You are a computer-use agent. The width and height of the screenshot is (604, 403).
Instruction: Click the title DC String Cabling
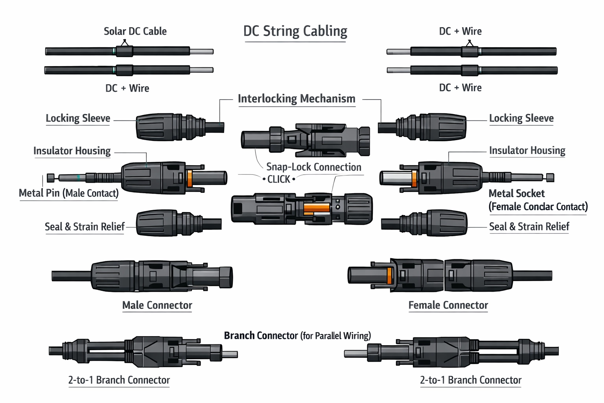[x=295, y=31]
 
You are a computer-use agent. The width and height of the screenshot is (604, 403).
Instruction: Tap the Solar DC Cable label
[x=135, y=31]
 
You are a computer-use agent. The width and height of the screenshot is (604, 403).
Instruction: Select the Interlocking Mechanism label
[x=296, y=98]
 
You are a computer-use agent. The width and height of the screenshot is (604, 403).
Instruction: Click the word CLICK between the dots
[x=279, y=179]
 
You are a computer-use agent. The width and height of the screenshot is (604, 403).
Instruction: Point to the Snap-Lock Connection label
[x=313, y=167]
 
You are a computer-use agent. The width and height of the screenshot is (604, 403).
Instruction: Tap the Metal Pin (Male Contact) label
[x=69, y=193]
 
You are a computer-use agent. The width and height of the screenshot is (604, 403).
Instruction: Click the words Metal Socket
[x=516, y=194]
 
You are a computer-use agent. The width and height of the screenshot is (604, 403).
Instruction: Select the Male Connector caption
[x=157, y=305]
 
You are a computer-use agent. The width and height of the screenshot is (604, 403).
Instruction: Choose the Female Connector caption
[x=448, y=305]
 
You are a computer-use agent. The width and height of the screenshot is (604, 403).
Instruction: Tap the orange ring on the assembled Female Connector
[x=390, y=275]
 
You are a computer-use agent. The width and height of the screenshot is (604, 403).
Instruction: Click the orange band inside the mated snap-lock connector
[x=317, y=208]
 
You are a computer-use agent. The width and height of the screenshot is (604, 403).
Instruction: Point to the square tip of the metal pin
[x=51, y=178]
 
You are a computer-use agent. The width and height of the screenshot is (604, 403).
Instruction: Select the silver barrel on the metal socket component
[x=396, y=177]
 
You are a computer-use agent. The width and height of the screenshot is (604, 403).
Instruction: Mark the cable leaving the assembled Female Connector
[x=532, y=275]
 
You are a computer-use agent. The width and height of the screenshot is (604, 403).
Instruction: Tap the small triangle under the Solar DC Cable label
[x=125, y=41]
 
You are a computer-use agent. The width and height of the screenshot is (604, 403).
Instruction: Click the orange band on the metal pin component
[x=190, y=178]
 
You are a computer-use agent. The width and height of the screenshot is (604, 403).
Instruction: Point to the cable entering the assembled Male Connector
[x=71, y=275]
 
